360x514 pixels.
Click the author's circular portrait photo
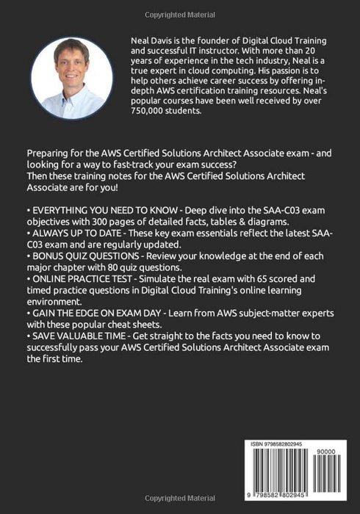click(72, 79)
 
